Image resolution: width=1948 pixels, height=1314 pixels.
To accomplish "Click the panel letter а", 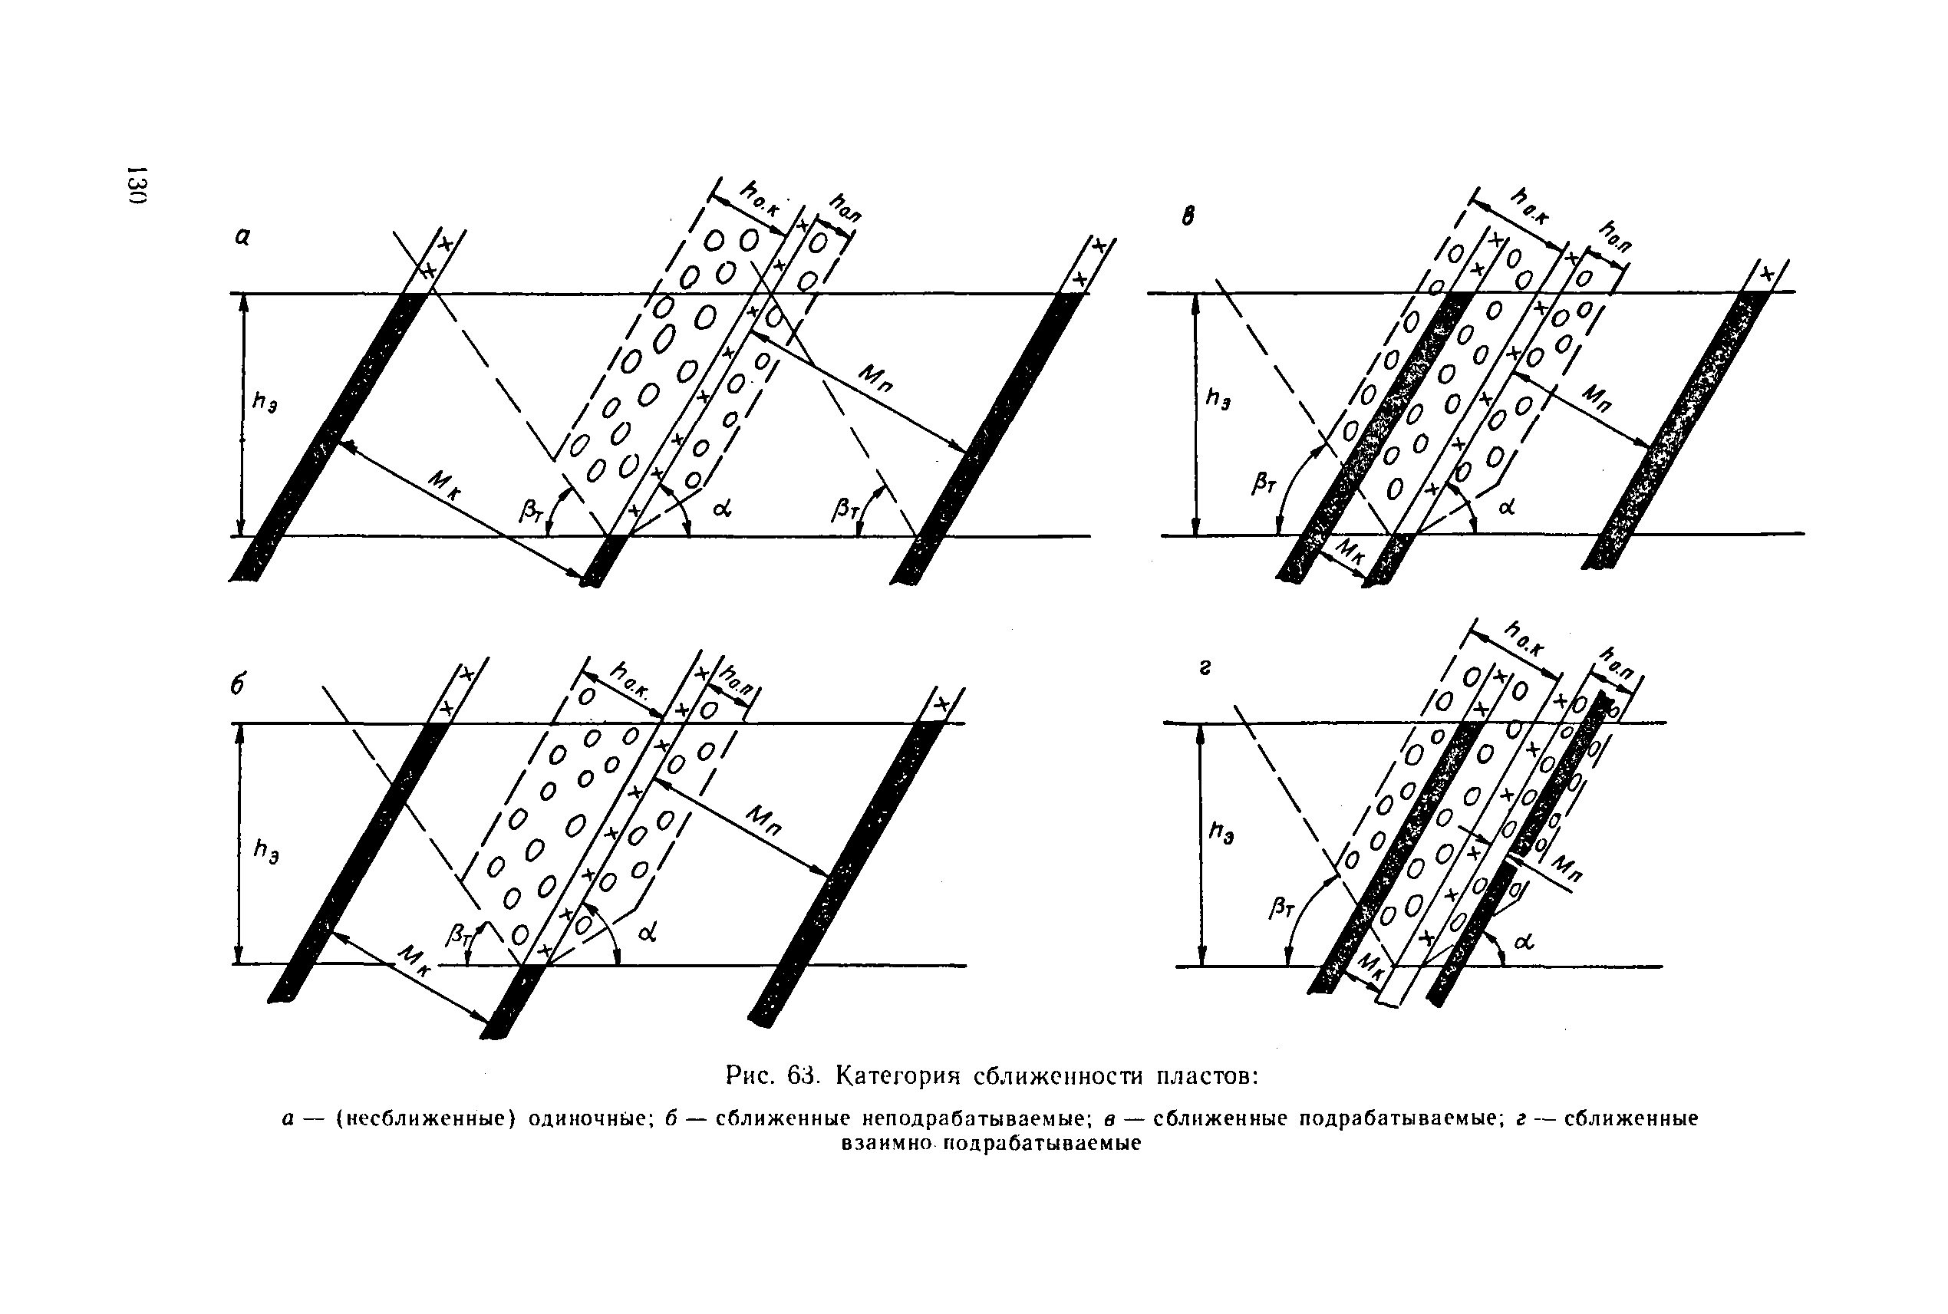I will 242,238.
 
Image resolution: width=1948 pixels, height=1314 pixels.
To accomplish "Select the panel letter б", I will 239,686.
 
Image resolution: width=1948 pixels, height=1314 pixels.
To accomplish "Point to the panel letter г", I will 1204,668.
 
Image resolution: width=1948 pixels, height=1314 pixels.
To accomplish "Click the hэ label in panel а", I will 265,403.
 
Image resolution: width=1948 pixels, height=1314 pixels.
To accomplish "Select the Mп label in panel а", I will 876,378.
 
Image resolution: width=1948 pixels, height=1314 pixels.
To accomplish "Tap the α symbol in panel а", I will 722,507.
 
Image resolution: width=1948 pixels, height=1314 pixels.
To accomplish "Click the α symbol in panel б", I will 647,932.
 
